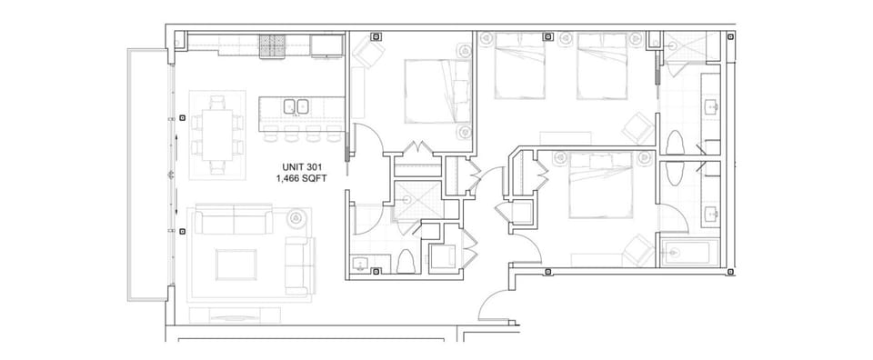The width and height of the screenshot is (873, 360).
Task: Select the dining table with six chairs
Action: pos(216,133)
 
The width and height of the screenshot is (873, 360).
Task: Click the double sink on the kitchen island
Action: pos(294,107)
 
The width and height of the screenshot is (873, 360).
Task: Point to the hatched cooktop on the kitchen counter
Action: pos(272,45)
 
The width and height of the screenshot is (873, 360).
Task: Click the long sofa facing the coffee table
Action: pos(234,220)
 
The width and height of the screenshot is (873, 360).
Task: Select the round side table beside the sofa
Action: pos(296,219)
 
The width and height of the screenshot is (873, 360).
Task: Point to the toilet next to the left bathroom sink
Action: pos(407,261)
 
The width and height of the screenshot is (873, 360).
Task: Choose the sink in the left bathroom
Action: pos(361,265)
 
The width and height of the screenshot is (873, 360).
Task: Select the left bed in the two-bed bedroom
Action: pos(519,66)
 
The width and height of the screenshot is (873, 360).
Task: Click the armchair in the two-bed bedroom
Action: pos(637,128)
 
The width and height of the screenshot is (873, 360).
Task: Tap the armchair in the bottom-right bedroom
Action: pos(637,250)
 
